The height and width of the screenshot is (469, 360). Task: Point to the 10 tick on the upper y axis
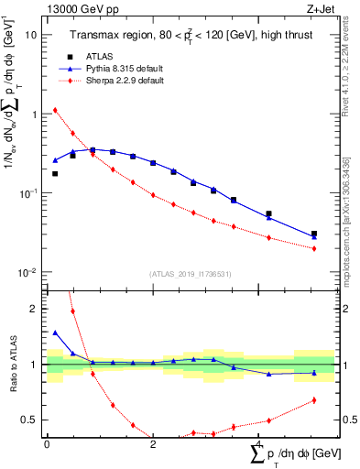coord(30,35)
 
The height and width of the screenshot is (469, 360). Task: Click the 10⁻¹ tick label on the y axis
coord(27,193)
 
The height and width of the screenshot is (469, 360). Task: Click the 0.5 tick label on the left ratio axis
coord(31,420)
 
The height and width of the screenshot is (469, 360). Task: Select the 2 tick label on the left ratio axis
coord(36,310)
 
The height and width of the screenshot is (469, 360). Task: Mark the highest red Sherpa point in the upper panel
coord(55,110)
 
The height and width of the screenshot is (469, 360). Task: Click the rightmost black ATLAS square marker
coord(314,234)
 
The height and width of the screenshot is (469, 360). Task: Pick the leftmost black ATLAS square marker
coord(55,173)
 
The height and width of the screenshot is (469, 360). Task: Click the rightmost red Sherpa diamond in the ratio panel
coord(314,399)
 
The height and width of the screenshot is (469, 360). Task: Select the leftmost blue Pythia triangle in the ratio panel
coord(55,333)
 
